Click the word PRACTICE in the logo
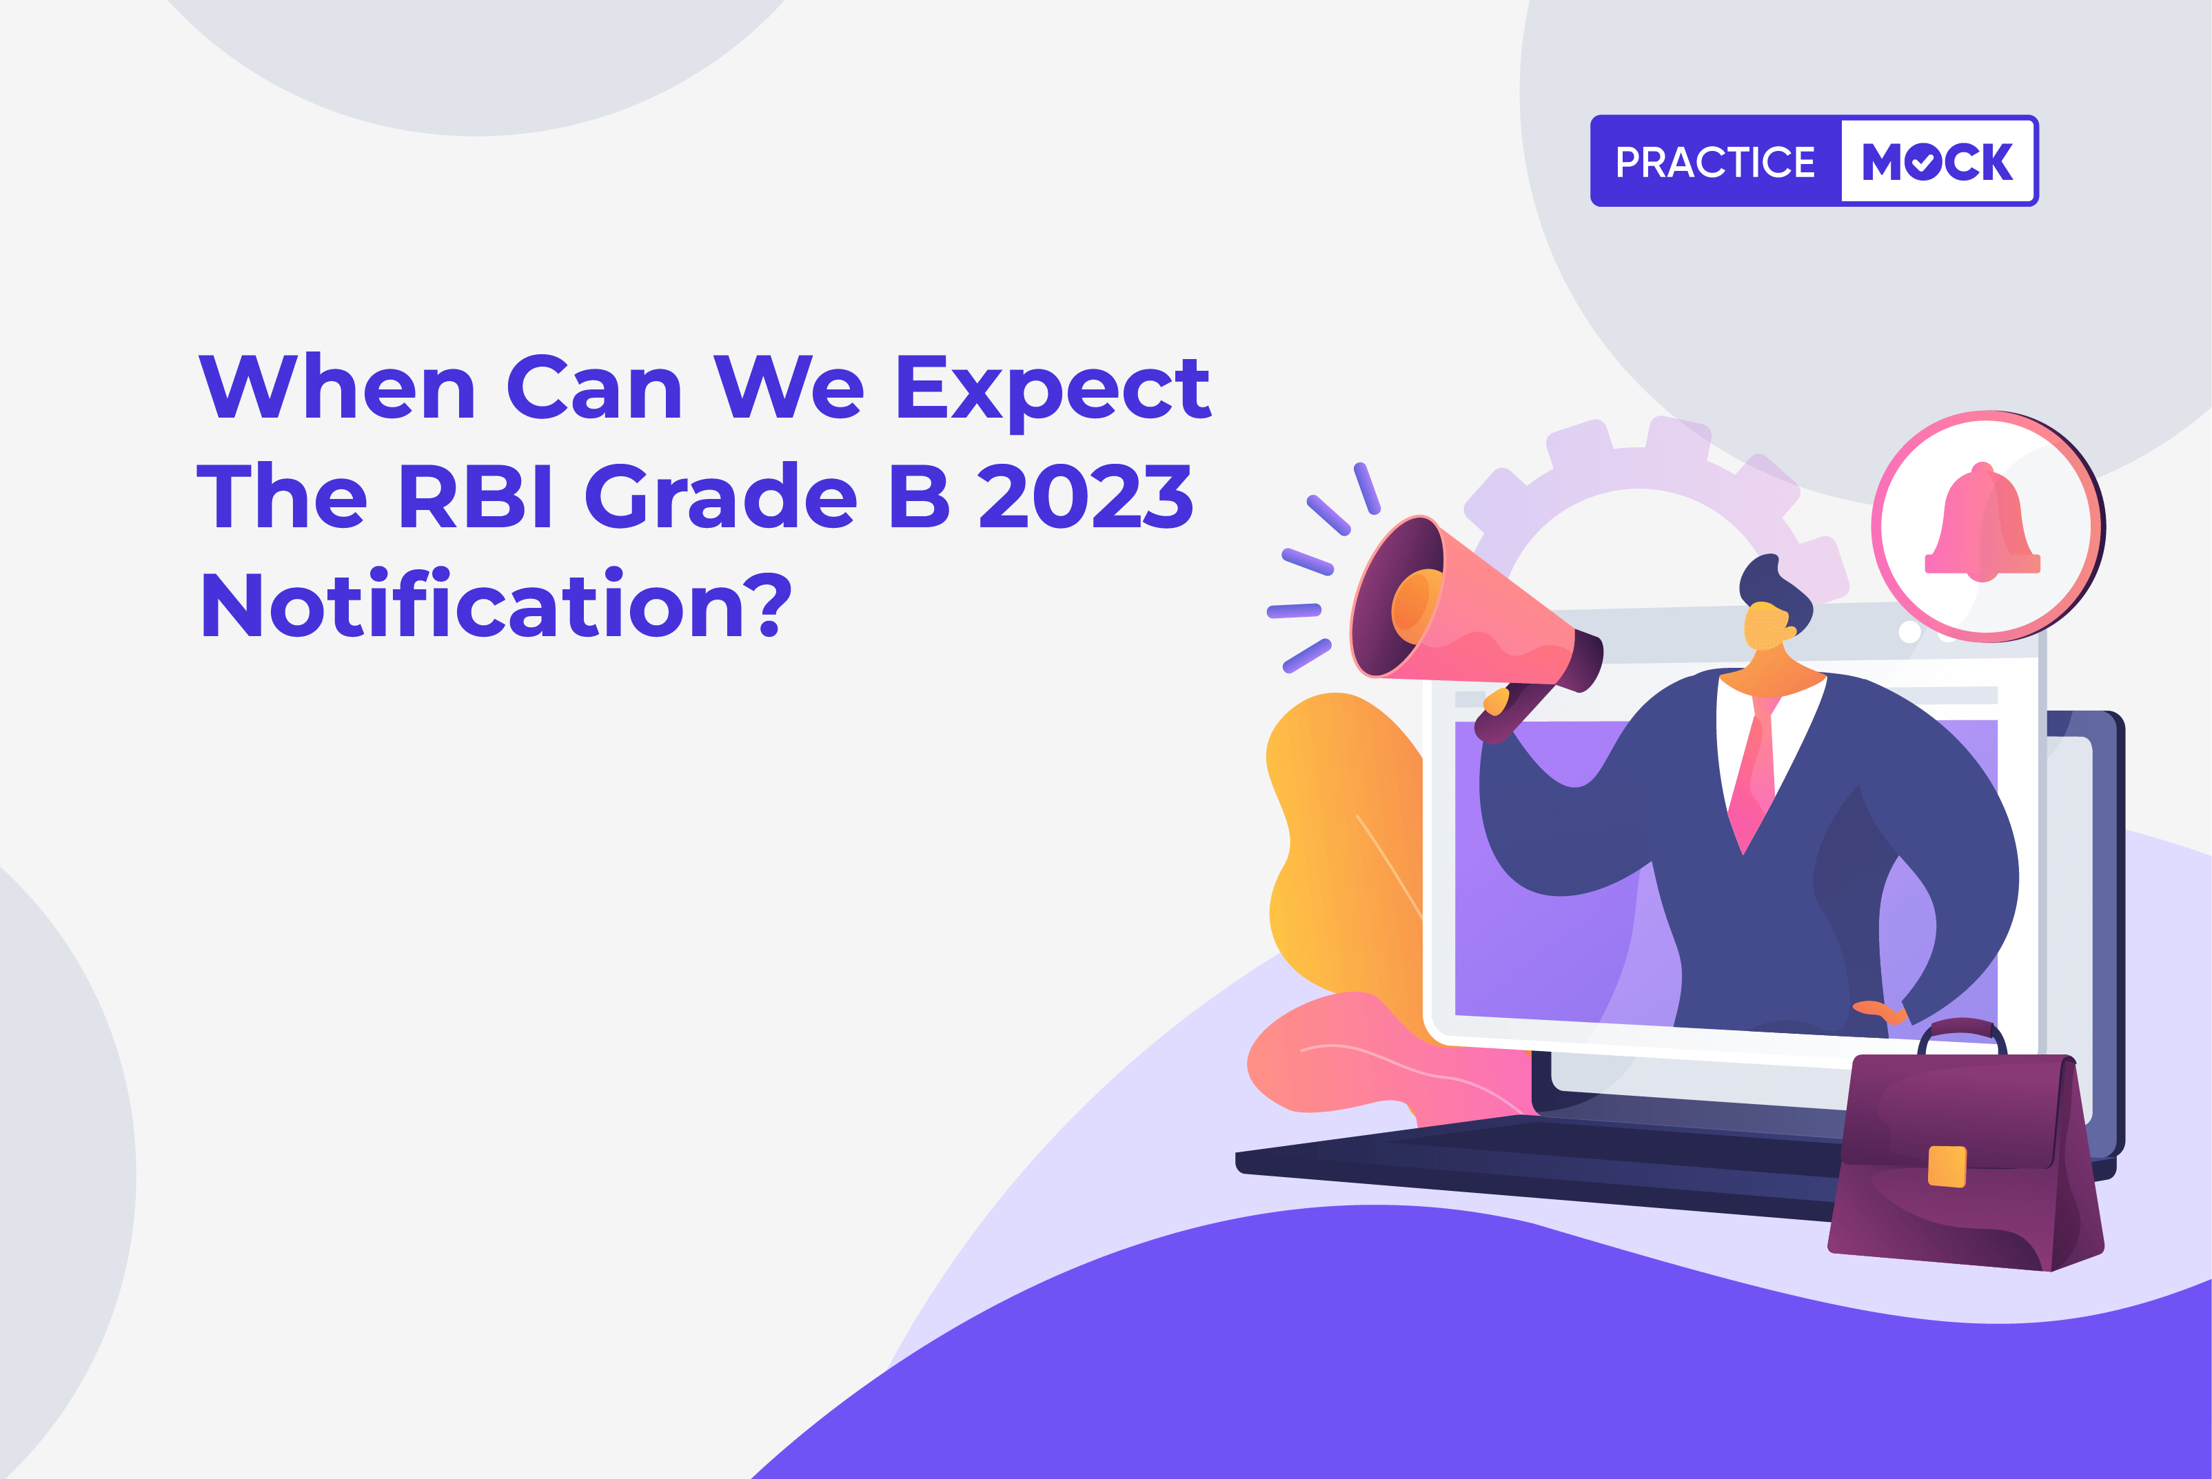(1715, 162)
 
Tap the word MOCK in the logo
(1938, 162)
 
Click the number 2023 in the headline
(1086, 496)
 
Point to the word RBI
(474, 496)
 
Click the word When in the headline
(337, 387)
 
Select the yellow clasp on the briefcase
(1947, 1166)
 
